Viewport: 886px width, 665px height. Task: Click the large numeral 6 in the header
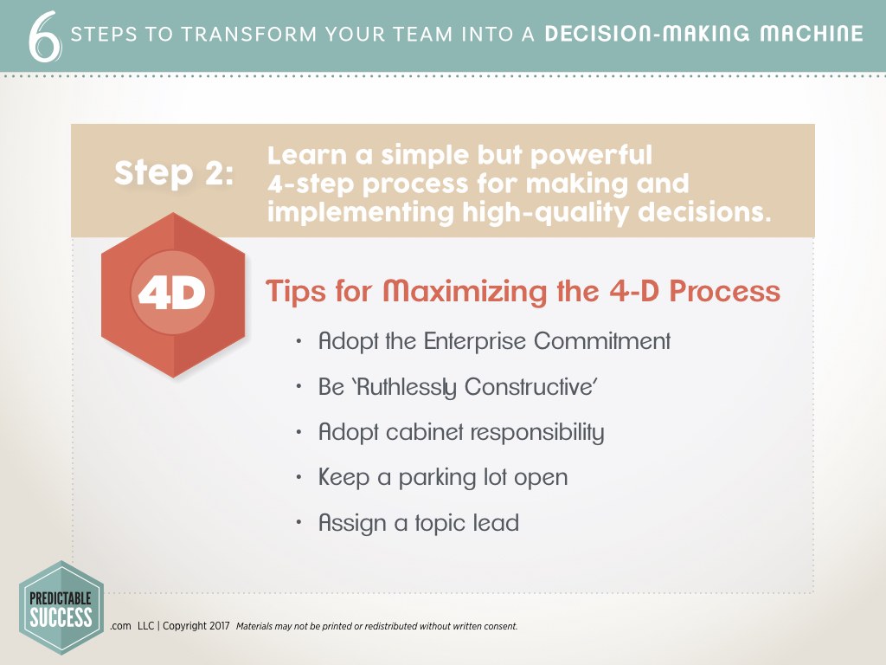45,36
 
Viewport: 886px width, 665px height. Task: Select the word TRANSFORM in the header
248,35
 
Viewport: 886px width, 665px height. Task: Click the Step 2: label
174,172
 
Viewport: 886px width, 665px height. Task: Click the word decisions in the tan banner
704,212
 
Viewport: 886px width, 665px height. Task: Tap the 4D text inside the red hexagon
172,293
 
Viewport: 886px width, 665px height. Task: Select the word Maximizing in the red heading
465,293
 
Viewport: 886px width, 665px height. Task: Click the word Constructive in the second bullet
530,387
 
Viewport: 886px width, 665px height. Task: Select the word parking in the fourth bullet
437,478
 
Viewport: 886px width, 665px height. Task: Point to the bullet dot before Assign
299,522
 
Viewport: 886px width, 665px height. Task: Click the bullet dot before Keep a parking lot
299,477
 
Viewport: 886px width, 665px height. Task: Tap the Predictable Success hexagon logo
61,608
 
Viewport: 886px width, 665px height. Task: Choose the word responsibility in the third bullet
537,433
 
